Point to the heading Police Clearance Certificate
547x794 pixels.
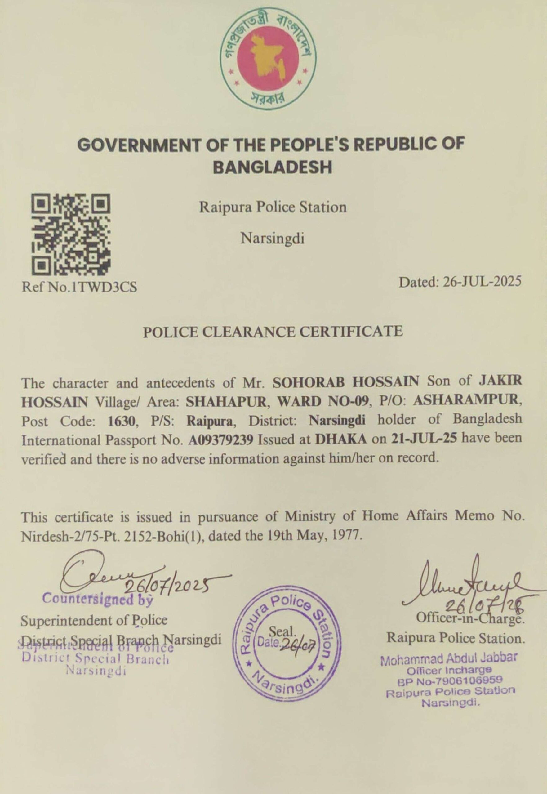[273, 332]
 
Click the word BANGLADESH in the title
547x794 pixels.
[273, 167]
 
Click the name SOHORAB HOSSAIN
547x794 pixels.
[346, 381]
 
